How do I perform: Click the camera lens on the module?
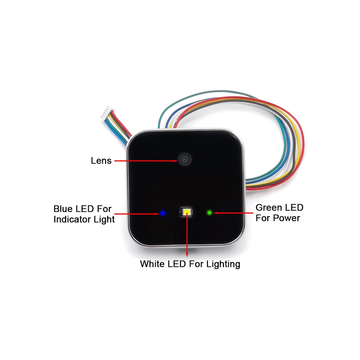pyautogui.click(x=185, y=159)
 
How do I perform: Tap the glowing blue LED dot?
pyautogui.click(x=163, y=213)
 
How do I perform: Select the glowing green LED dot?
pyautogui.click(x=210, y=213)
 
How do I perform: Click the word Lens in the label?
pyautogui.click(x=101, y=161)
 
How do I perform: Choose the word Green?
pyautogui.click(x=270, y=208)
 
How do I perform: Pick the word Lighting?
pyautogui.click(x=223, y=264)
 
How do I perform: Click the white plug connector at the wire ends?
pyautogui.click(x=106, y=113)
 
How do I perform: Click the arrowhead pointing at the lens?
pyautogui.click(x=176, y=161)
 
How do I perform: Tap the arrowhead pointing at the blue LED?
pyautogui.click(x=157, y=214)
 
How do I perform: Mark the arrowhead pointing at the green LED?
pyautogui.click(x=216, y=213)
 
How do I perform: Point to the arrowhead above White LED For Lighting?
pyautogui.click(x=187, y=255)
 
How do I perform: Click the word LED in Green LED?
pyautogui.click(x=295, y=208)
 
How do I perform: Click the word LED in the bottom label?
pyautogui.click(x=176, y=264)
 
